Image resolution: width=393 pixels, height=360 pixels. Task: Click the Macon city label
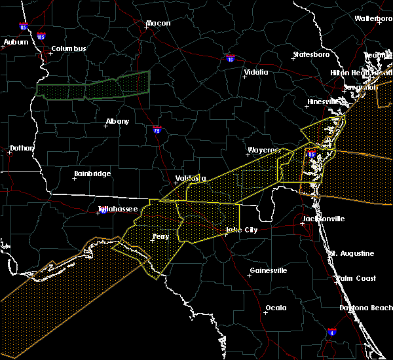[158, 24]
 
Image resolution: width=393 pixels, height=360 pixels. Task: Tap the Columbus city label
[69, 49]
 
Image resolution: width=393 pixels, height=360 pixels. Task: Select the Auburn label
[16, 43]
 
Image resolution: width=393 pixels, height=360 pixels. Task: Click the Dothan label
[22, 149]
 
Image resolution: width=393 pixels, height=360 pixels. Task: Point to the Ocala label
[276, 308]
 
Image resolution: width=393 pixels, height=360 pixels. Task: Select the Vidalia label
[255, 73]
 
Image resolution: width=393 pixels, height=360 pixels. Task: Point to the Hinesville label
[325, 102]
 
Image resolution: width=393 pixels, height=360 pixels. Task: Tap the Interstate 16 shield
[229, 58]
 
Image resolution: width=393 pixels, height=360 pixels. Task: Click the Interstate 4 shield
[332, 332]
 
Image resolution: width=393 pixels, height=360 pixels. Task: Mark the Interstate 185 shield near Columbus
[41, 37]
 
